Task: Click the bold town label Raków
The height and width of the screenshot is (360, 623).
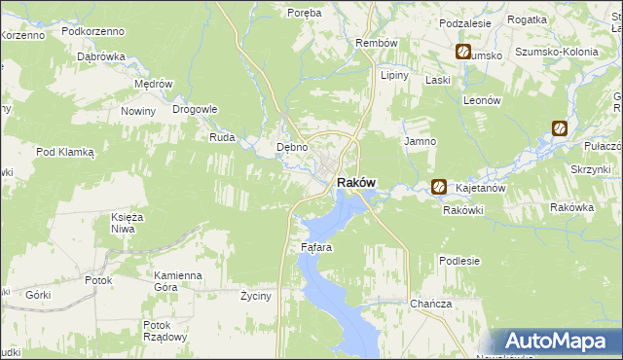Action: pyautogui.click(x=356, y=183)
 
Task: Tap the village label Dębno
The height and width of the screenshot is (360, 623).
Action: pyautogui.click(x=292, y=148)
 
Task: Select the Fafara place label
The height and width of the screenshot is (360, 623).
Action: pyautogui.click(x=316, y=248)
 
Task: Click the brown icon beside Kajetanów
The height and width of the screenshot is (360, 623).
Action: pyautogui.click(x=439, y=186)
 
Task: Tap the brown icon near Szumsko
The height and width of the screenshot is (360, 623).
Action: pyautogui.click(x=462, y=53)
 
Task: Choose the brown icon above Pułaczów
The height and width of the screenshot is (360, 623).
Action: pyautogui.click(x=559, y=127)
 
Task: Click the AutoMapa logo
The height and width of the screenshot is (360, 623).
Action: pyautogui.click(x=559, y=341)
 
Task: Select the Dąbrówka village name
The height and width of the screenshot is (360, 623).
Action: pyautogui.click(x=102, y=56)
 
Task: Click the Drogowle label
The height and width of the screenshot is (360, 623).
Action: pyautogui.click(x=195, y=109)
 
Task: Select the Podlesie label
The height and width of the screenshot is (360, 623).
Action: pyautogui.click(x=459, y=261)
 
